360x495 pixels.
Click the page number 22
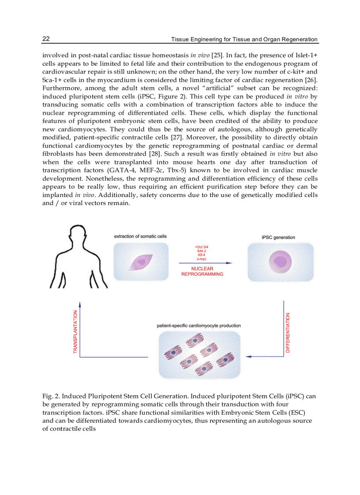[x=46, y=39]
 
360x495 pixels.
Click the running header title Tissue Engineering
[x=244, y=39]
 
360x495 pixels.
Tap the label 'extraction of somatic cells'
[x=140, y=237]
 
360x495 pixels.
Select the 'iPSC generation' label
[x=278, y=237]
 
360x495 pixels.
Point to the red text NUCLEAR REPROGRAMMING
[x=202, y=271]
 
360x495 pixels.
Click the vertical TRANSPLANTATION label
[x=75, y=331]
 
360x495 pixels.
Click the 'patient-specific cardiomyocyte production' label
[x=199, y=326]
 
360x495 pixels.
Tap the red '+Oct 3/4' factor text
[x=202, y=247]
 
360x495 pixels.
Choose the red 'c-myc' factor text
[x=202, y=259]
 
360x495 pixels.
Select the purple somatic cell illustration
[x=141, y=263]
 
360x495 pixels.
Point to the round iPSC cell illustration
[x=280, y=263]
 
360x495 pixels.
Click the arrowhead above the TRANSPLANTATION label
[x=80, y=304]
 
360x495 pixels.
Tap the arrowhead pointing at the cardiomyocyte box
[x=248, y=356]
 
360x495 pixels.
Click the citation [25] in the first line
[x=217, y=55]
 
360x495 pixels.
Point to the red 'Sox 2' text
[x=202, y=251]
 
